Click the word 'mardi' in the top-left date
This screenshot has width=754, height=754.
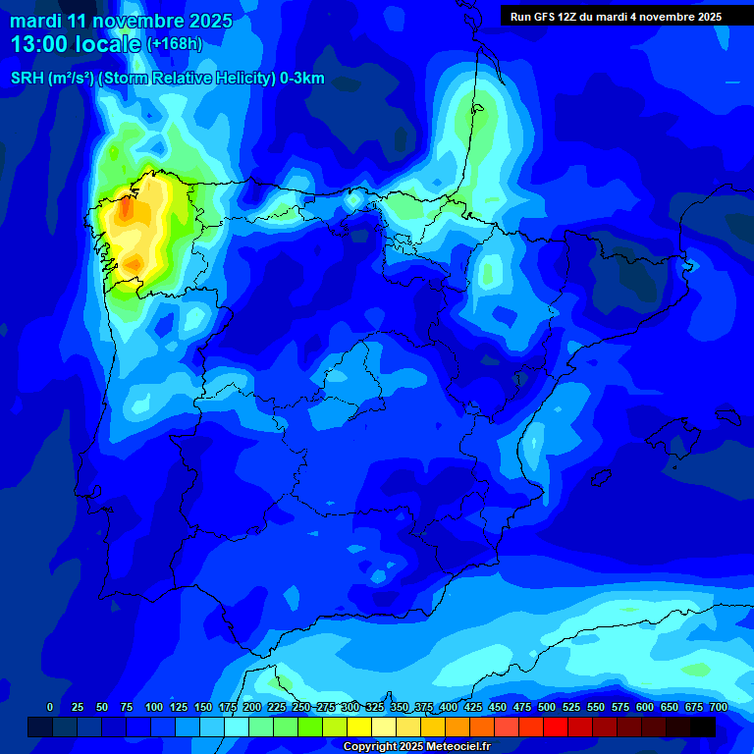coord(35,21)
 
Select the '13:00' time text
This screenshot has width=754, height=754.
coord(40,44)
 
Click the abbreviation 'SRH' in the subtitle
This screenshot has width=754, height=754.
coord(27,80)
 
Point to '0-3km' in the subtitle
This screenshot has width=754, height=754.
coord(302,80)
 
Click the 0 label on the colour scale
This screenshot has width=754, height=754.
coord(50,707)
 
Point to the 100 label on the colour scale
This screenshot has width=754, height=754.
coord(154,707)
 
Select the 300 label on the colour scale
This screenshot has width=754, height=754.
coord(350,707)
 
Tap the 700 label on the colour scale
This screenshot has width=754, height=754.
coord(719,707)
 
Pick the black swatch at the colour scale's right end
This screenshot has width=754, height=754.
coord(703,727)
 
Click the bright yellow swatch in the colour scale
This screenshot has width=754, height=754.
coord(359,727)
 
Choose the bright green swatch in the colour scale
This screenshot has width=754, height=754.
coord(310,727)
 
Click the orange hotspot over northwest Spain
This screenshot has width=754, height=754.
coord(125,211)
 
